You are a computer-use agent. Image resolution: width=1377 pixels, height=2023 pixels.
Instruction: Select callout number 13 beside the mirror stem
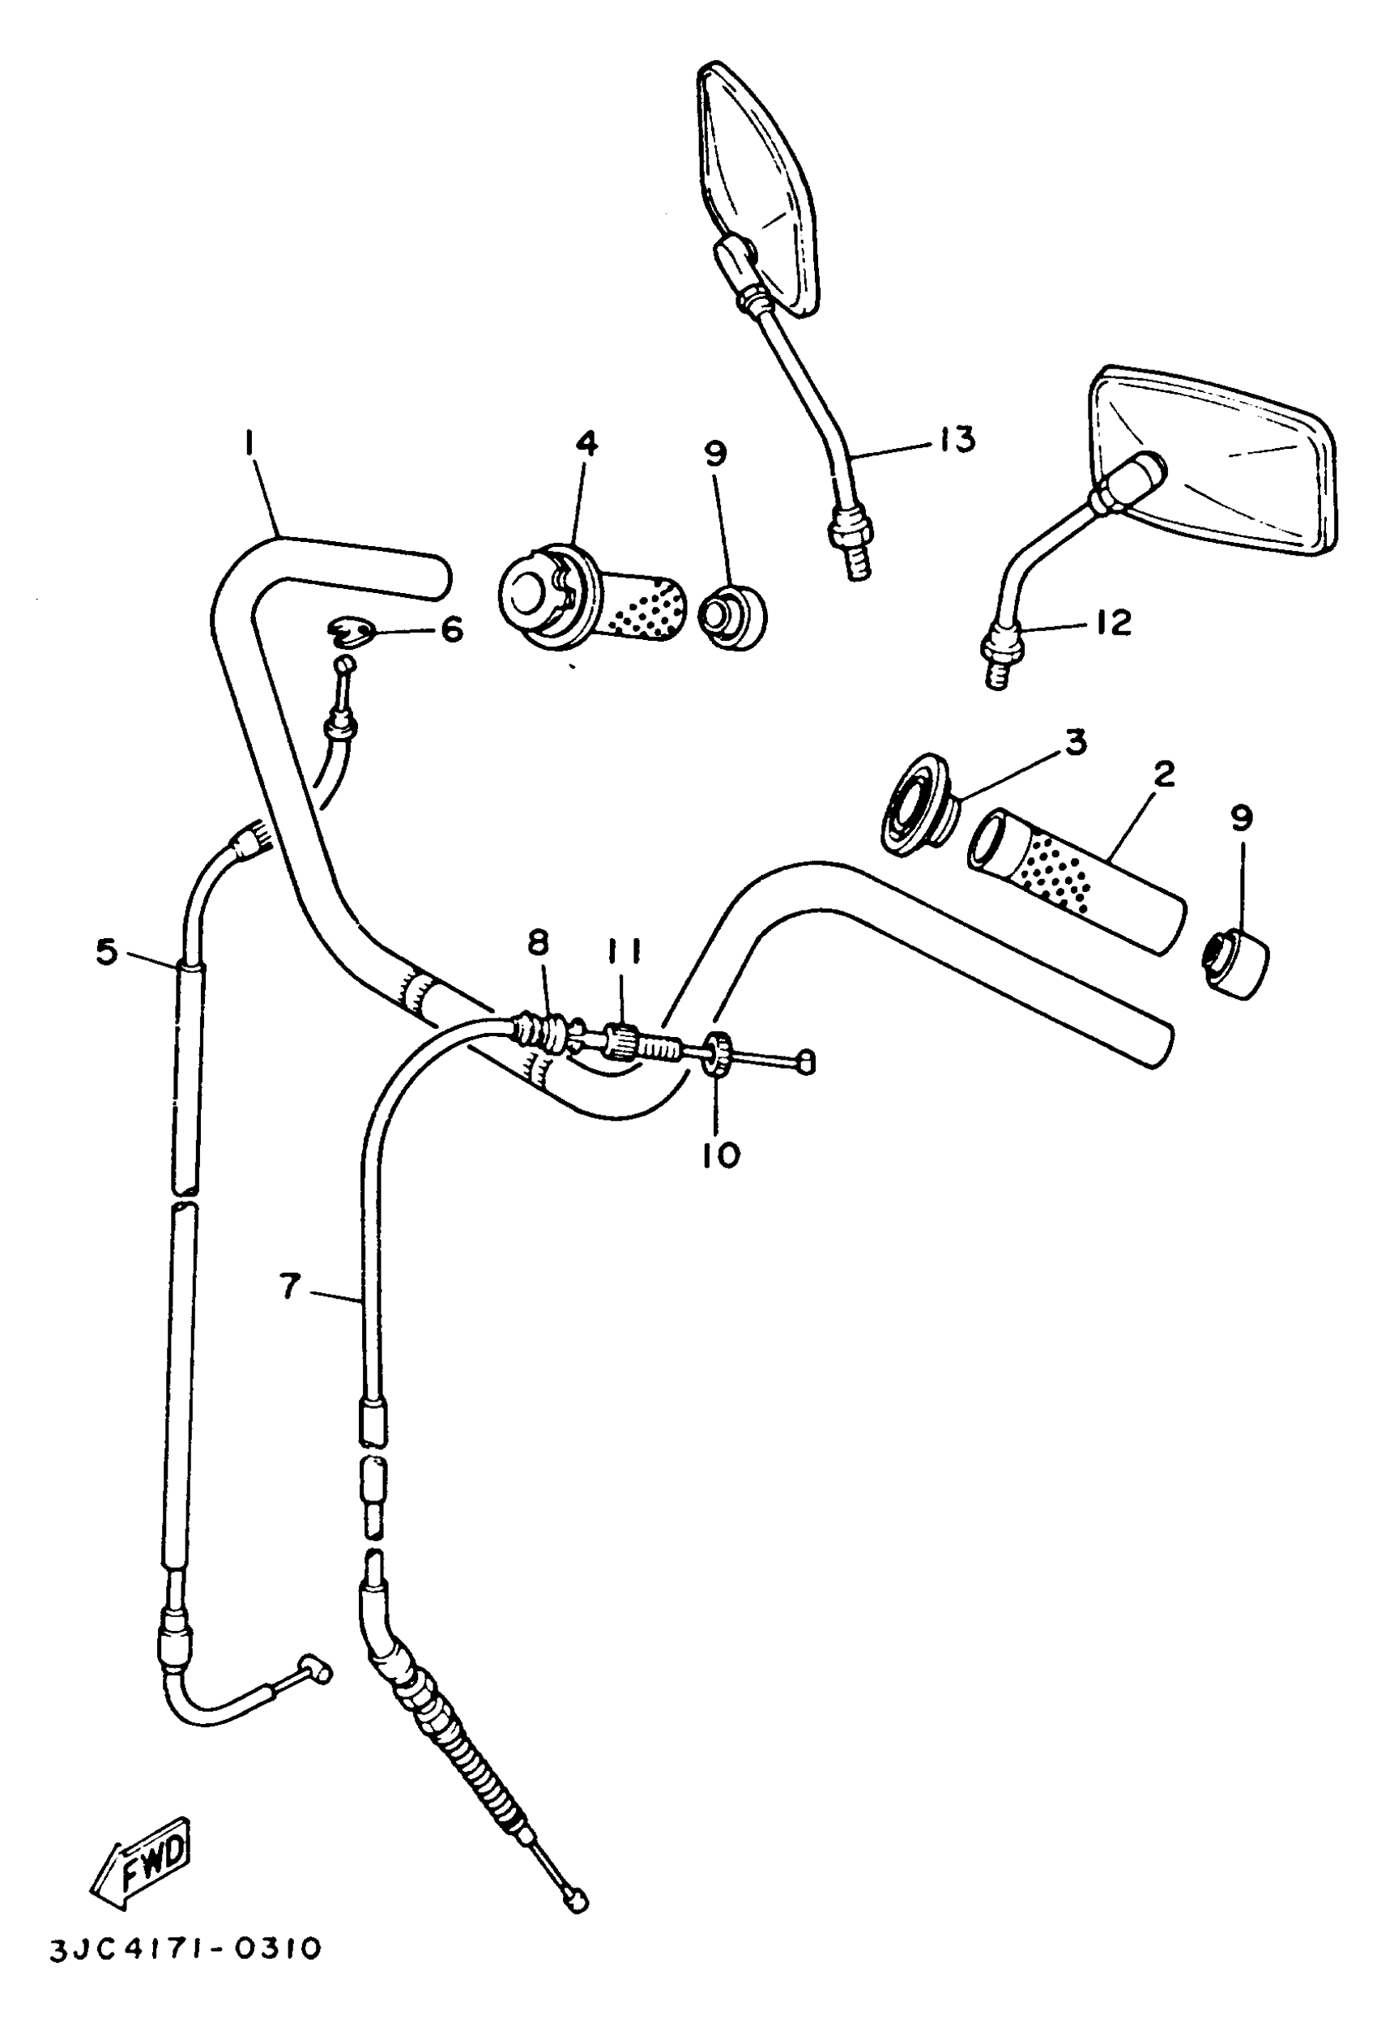pos(957,440)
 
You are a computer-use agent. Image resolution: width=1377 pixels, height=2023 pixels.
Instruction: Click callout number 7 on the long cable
pos(290,1286)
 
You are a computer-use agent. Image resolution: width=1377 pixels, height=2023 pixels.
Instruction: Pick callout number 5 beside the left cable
pos(106,951)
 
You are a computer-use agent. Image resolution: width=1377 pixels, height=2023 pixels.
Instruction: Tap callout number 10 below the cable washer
pos(722,1154)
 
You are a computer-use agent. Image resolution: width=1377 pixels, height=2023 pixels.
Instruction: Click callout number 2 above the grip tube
pos(1163,774)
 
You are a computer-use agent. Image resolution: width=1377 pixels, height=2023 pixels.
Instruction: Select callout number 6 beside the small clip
pos(452,629)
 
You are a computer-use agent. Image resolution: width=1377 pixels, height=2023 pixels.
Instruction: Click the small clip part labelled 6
pos(352,631)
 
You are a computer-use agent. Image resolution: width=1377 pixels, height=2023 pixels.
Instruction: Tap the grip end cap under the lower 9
pos(1236,962)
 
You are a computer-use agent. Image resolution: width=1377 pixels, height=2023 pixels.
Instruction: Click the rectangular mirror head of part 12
pos(1218,464)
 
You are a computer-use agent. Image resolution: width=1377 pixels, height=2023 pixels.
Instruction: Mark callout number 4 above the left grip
pos(586,444)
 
